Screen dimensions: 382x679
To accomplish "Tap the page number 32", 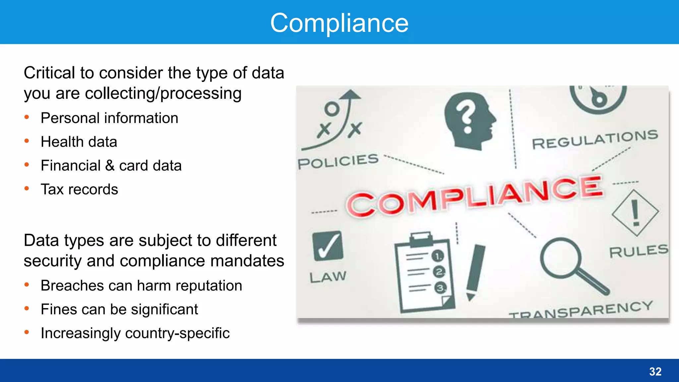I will click(x=655, y=371).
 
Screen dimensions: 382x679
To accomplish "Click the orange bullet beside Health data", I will click(x=27, y=141).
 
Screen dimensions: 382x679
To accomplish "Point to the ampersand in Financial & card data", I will click(x=110, y=165).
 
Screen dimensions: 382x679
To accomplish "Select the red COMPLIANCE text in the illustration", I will click(x=474, y=196).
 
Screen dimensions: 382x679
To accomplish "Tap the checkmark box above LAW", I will click(x=328, y=246).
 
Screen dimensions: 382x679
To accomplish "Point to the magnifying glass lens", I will click(x=560, y=258).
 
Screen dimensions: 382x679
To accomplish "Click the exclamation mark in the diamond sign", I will click(x=635, y=213).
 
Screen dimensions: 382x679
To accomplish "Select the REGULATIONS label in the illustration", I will click(x=595, y=139).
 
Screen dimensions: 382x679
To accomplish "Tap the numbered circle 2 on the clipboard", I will click(x=439, y=272).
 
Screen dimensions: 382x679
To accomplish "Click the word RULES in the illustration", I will click(x=639, y=251).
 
